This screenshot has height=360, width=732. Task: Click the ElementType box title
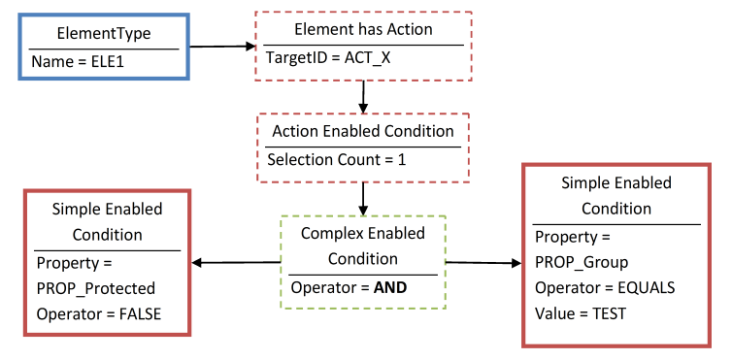pos(104,33)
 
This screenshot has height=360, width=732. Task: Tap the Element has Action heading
pos(363,30)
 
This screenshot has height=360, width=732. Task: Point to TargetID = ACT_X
pos(329,58)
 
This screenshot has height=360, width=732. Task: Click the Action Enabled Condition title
pos(362,131)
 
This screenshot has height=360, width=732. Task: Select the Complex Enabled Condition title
pos(362,246)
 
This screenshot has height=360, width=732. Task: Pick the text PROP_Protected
pos(95,288)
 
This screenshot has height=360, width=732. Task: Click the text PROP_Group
pos(582,262)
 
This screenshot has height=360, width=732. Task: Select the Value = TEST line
pos(581,313)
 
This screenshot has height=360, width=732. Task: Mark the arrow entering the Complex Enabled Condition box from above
pos(362,197)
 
